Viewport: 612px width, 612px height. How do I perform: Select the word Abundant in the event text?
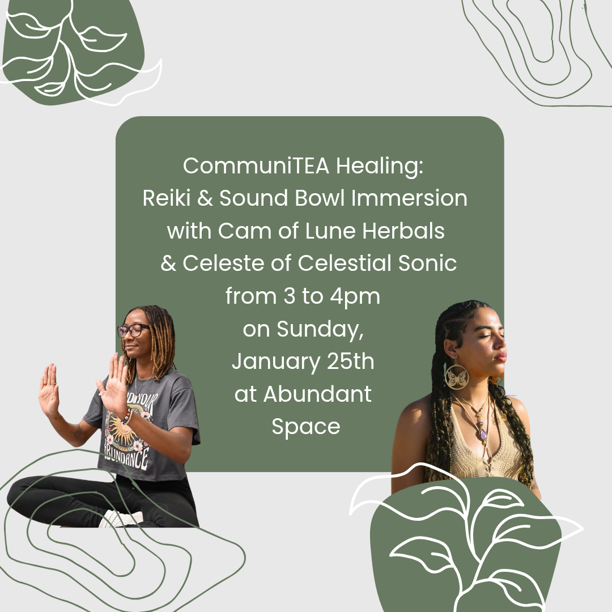(x=317, y=394)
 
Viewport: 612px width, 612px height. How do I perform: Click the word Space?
(x=306, y=426)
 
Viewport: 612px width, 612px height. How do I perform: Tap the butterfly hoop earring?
(x=457, y=376)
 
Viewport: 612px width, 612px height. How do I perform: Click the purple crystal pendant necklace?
(x=483, y=434)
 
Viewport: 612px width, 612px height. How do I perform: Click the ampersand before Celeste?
(x=168, y=263)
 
